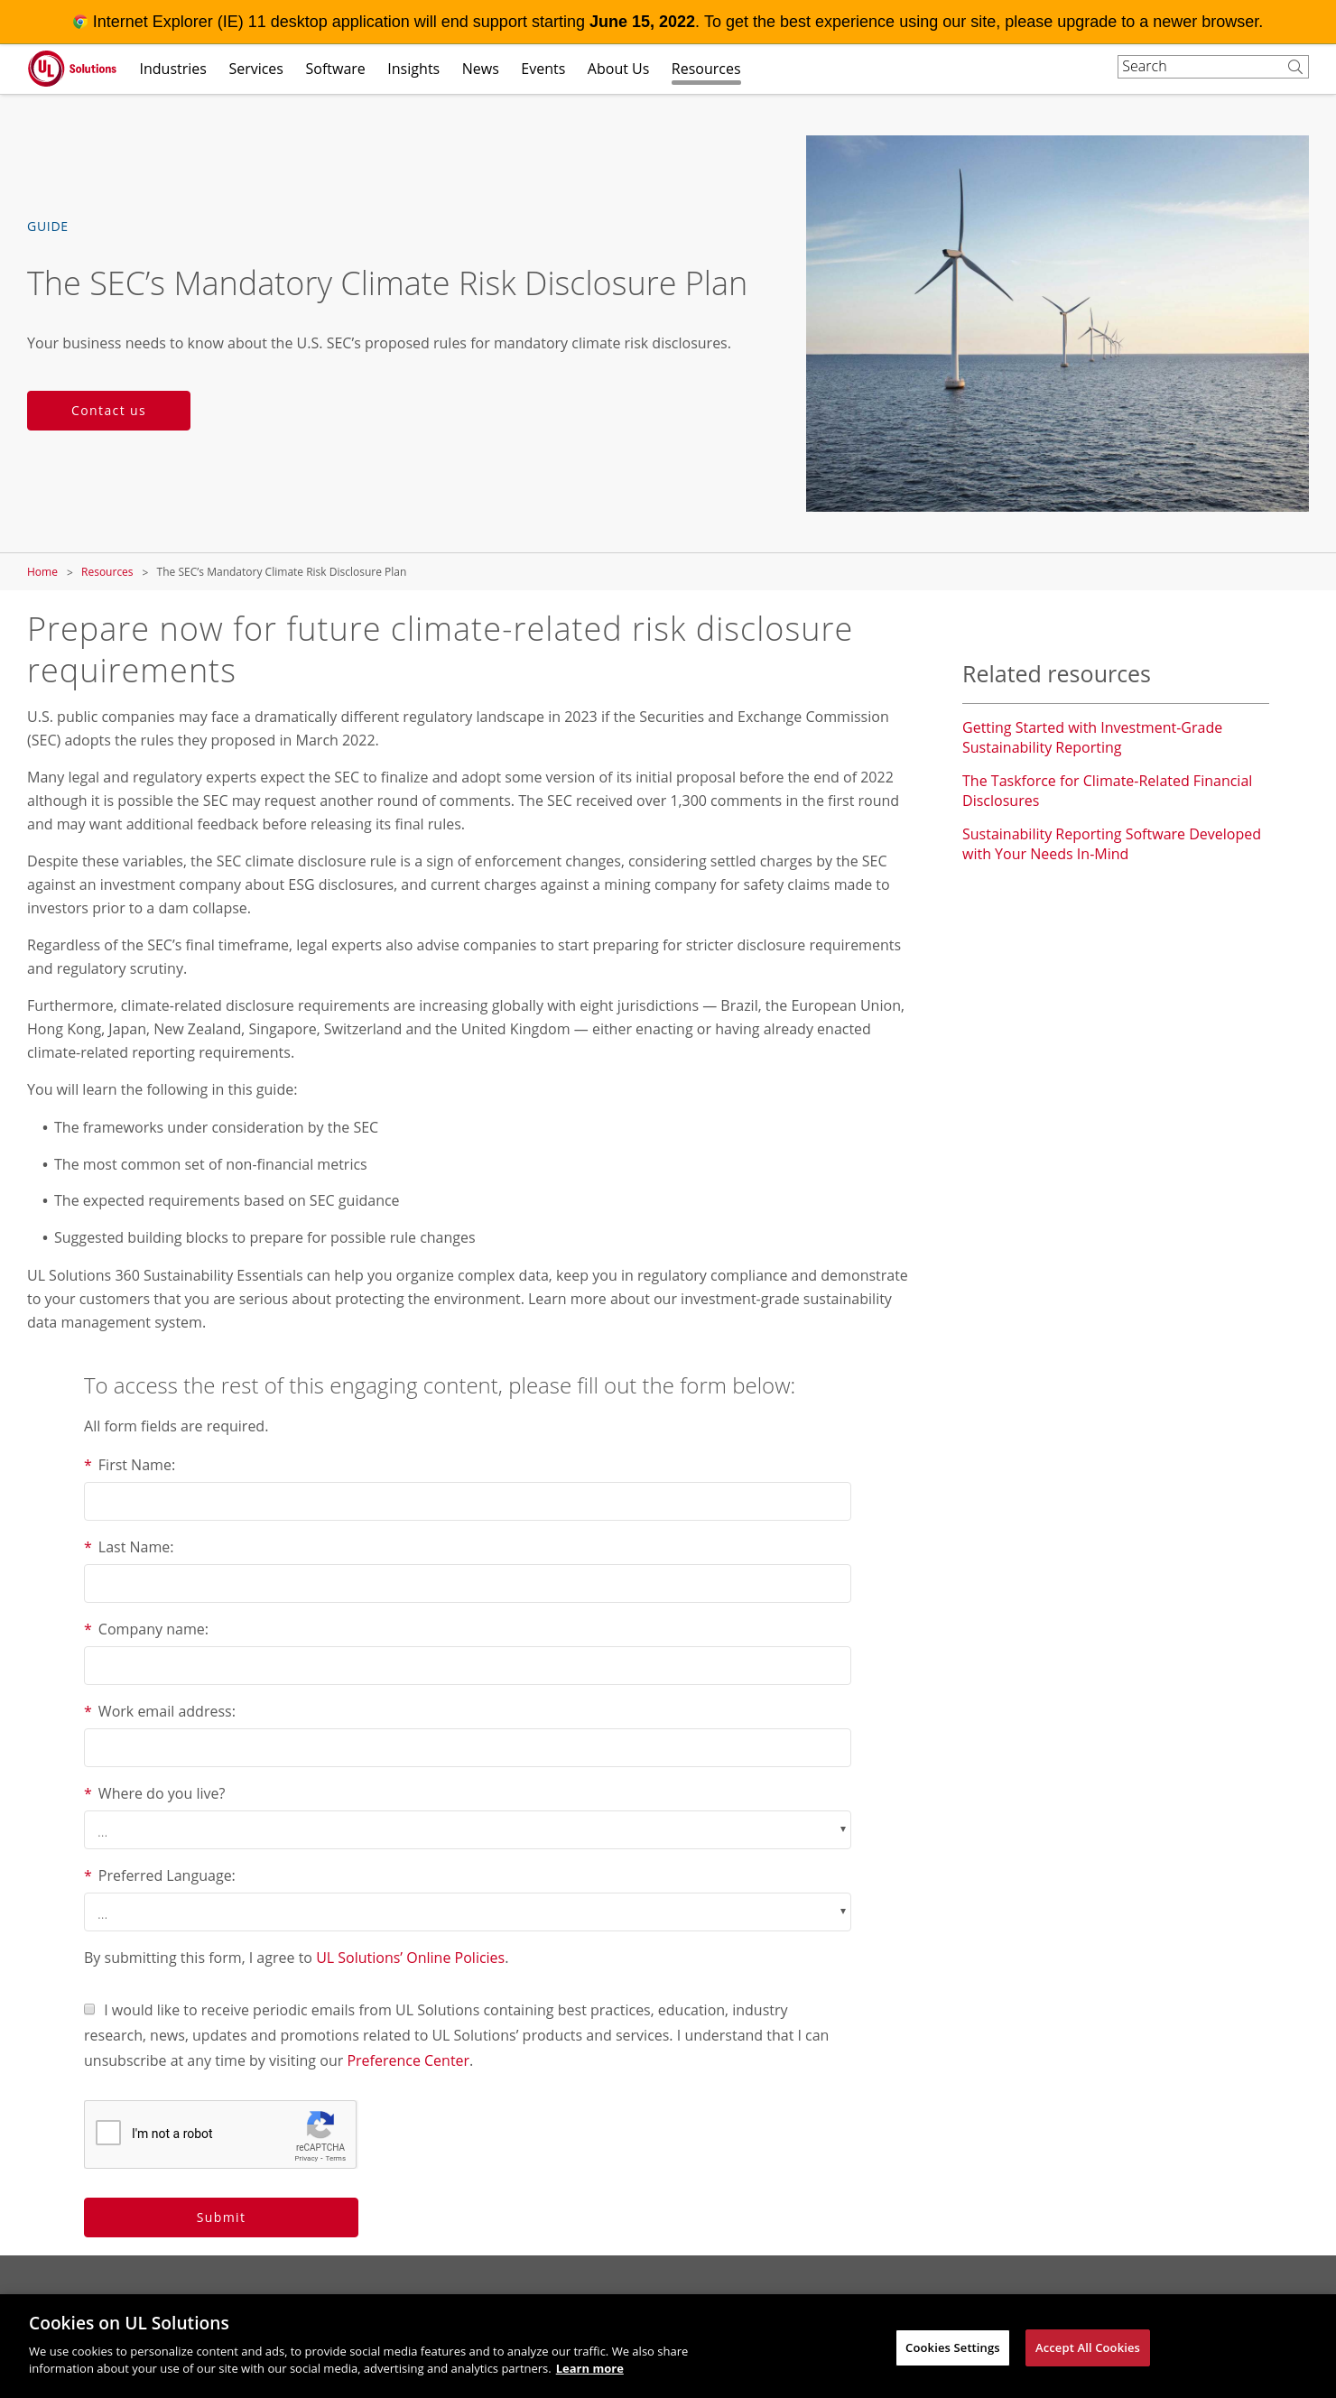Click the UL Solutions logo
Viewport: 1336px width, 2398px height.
tap(71, 69)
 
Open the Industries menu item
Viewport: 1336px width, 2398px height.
tap(172, 69)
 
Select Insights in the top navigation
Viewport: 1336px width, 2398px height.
tap(413, 69)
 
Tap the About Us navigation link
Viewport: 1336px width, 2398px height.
tap(617, 69)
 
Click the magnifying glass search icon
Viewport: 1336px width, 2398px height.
tap(1294, 67)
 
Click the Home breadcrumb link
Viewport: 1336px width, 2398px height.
tap(42, 571)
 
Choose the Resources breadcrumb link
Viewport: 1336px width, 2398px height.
tap(107, 571)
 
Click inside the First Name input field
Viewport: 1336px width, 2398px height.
tap(467, 1501)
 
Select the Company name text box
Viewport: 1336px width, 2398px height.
tap(467, 1665)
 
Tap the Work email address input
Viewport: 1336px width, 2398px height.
tap(467, 1747)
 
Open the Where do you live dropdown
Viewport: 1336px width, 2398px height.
tap(467, 1829)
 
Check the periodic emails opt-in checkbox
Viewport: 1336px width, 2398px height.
tap(89, 2009)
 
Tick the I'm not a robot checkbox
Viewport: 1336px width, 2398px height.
tap(109, 2133)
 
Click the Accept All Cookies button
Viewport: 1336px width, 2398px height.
tap(1087, 2347)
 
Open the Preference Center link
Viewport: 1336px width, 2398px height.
tap(408, 2061)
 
